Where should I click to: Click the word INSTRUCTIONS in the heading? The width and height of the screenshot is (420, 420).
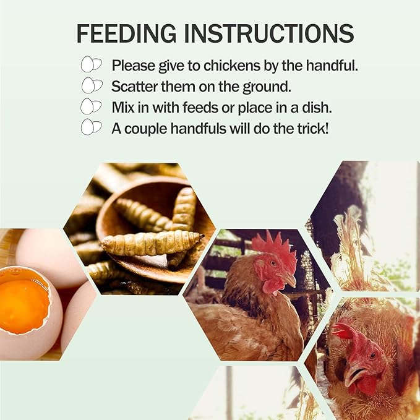pyautogui.click(x=269, y=33)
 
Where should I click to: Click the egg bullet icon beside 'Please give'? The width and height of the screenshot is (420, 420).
pyautogui.click(x=92, y=64)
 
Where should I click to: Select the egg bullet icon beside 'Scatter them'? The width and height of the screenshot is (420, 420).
pyautogui.click(x=92, y=85)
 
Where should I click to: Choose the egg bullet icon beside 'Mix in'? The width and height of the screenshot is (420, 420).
pyautogui.click(x=92, y=106)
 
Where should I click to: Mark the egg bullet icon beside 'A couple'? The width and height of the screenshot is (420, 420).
pyautogui.click(x=92, y=127)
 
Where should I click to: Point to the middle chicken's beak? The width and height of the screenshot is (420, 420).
pyautogui.click(x=289, y=280)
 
